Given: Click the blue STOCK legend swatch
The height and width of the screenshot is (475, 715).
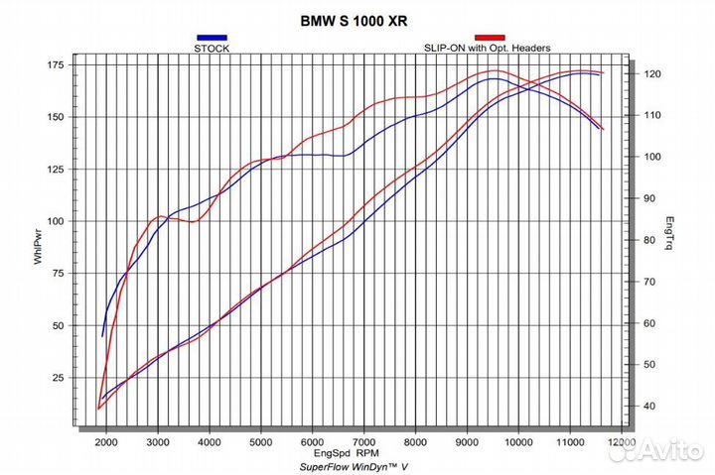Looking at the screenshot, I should pyautogui.click(x=212, y=38).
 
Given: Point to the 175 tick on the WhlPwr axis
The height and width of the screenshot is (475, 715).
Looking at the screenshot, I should pyautogui.click(x=54, y=64).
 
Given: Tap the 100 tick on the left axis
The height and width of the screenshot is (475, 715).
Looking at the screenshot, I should pyautogui.click(x=54, y=221).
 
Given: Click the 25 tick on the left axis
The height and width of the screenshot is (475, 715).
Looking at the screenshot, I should pyautogui.click(x=57, y=378).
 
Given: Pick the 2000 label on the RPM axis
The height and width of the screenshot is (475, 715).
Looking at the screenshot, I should pyautogui.click(x=106, y=442).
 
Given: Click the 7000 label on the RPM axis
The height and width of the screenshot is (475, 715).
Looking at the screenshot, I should pyautogui.click(x=364, y=442).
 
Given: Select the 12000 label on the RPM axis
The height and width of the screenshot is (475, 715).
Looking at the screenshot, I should pyautogui.click(x=623, y=442).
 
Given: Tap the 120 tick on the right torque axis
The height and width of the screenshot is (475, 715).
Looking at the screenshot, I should pyautogui.click(x=651, y=74).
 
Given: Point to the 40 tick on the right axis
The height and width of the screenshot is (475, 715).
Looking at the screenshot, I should pyautogui.click(x=649, y=407).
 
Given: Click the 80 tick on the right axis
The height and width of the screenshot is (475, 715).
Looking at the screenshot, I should pyautogui.click(x=649, y=240).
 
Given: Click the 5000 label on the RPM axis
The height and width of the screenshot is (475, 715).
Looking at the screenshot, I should pyautogui.click(x=261, y=442).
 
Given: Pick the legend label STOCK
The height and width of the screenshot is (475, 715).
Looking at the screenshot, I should pyautogui.click(x=212, y=48).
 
